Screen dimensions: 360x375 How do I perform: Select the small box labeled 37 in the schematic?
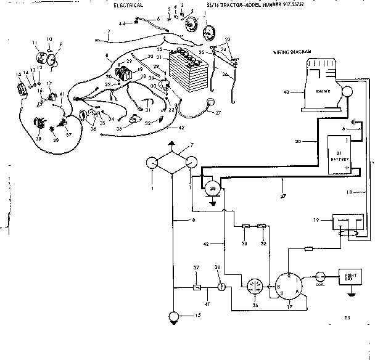[x=196, y=287]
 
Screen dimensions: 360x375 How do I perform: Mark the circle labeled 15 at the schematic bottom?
[x=174, y=317]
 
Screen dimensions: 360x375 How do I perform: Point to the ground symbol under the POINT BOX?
[x=351, y=293]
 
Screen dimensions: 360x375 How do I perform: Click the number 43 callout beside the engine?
[x=286, y=92]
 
